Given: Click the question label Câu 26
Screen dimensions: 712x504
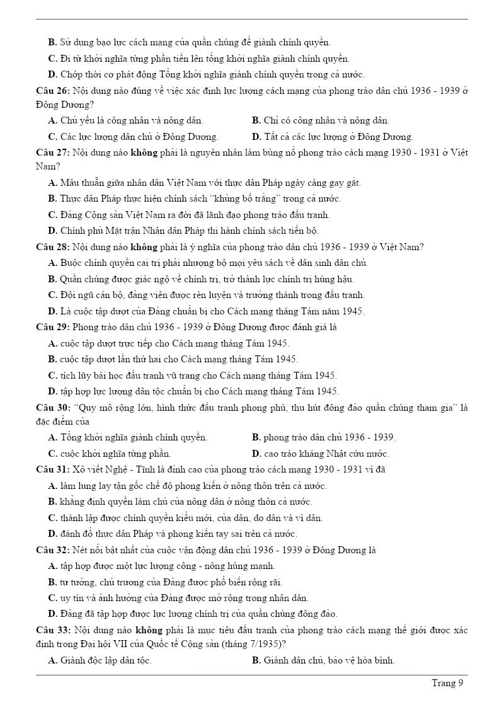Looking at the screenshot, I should pyautogui.click(x=52, y=91).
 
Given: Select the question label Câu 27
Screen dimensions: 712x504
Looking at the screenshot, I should pyautogui.click(x=52, y=152).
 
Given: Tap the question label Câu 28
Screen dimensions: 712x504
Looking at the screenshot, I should pyautogui.click(x=52, y=247).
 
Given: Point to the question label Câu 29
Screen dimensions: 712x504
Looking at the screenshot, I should pyautogui.click(x=52, y=327).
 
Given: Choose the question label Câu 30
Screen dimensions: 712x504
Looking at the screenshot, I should pyautogui.click(x=52, y=407).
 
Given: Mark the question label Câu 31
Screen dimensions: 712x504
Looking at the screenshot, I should pyautogui.click(x=52, y=469).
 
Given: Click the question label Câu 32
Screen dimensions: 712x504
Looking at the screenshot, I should pyautogui.click(x=52, y=549).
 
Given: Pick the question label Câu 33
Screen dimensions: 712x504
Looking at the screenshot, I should pyautogui.click(x=52, y=629).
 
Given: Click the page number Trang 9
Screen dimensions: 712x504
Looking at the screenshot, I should pyautogui.click(x=447, y=683).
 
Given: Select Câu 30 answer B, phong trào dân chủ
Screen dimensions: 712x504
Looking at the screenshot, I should pyautogui.click(x=324, y=437).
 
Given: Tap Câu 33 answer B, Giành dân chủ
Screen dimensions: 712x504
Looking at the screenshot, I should pyautogui.click(x=323, y=660).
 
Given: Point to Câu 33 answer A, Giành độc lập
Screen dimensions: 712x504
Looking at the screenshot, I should pyautogui.click(x=100, y=660).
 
